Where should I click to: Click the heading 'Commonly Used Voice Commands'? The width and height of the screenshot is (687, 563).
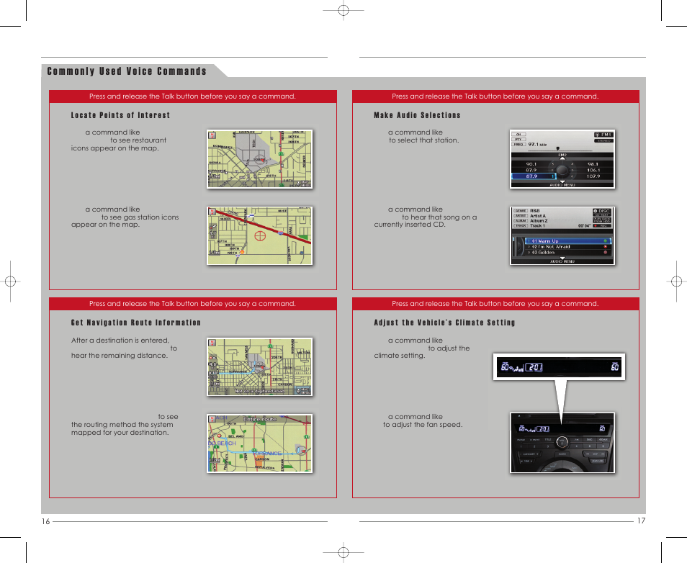pyautogui.click(x=127, y=71)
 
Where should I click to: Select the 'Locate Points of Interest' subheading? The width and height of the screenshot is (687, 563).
pyautogui.click(x=120, y=115)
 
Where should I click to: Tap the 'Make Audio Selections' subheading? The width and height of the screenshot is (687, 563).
pyautogui.click(x=417, y=115)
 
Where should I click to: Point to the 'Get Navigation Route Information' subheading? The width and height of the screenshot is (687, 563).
pyautogui.click(x=136, y=323)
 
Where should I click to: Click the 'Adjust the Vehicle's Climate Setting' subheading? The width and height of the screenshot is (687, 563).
pyautogui.click(x=444, y=323)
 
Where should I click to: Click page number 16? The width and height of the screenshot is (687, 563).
pyautogui.click(x=45, y=521)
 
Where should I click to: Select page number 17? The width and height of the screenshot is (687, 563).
pyautogui.click(x=641, y=521)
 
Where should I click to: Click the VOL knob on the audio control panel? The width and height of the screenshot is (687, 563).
pyautogui.click(x=562, y=442)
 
